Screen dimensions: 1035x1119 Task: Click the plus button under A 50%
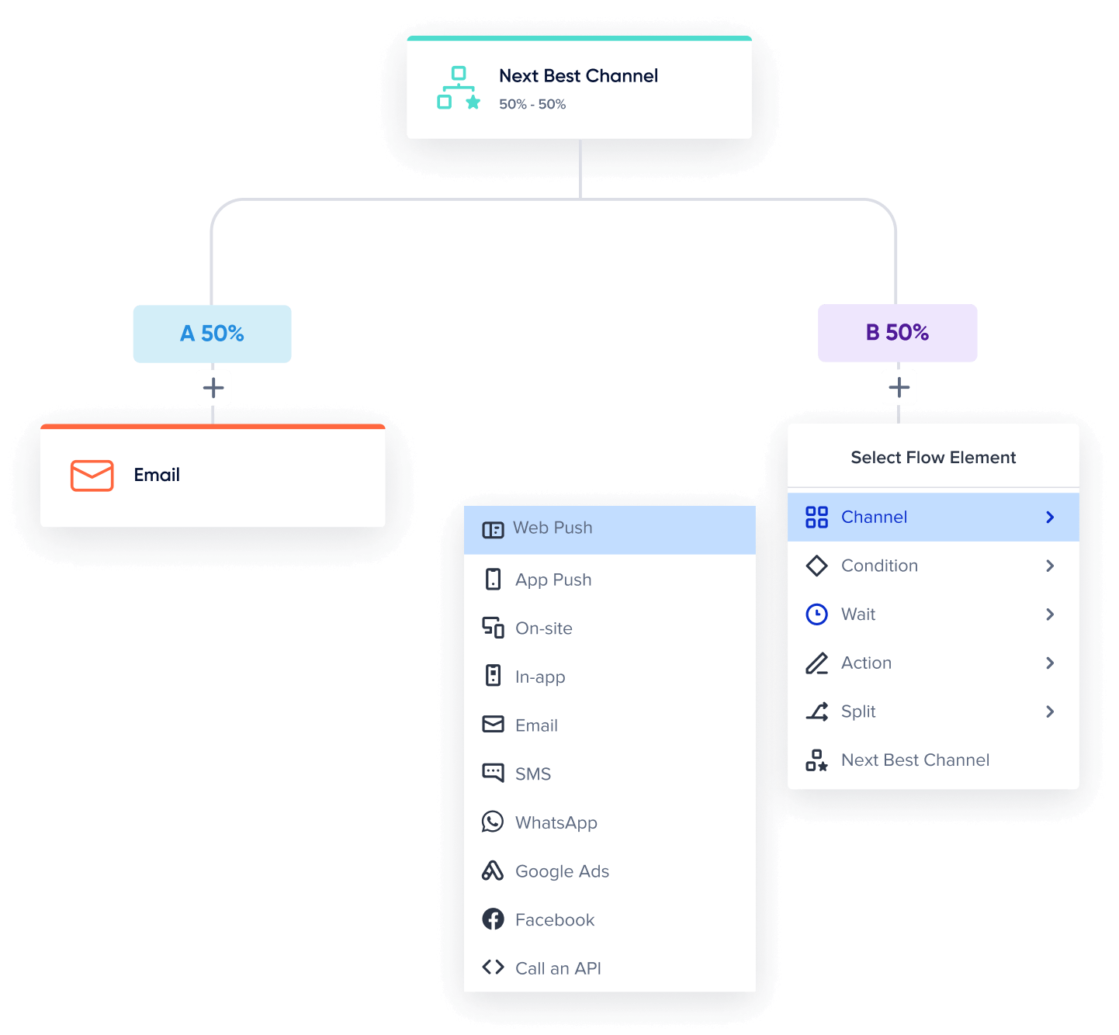[x=213, y=388]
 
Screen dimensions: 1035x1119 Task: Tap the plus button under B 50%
[x=899, y=387]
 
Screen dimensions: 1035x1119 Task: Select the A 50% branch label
[x=212, y=334]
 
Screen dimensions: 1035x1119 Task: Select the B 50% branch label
[x=897, y=333]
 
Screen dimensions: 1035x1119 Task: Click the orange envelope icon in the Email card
[x=92, y=476]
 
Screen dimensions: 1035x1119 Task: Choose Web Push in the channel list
[x=553, y=528]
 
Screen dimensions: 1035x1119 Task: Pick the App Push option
[x=553, y=580]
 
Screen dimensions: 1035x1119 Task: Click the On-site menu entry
[x=543, y=628]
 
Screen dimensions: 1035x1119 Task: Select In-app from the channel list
[x=539, y=677]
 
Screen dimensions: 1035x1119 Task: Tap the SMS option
[x=532, y=774]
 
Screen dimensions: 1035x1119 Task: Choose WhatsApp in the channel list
[x=556, y=822]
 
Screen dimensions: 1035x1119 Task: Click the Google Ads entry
[x=562, y=871]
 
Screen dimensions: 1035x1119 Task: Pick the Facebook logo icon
[x=493, y=919]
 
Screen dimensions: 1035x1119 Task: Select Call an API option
[x=557, y=968]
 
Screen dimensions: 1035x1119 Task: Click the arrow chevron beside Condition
[x=1050, y=566]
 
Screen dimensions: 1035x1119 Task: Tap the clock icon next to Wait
[x=816, y=614]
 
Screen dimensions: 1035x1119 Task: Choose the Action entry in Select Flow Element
[x=866, y=663]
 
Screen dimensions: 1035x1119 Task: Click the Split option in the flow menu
[x=857, y=711]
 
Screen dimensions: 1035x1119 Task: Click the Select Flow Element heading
[x=933, y=458]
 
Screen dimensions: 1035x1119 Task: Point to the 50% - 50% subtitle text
[x=532, y=104]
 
